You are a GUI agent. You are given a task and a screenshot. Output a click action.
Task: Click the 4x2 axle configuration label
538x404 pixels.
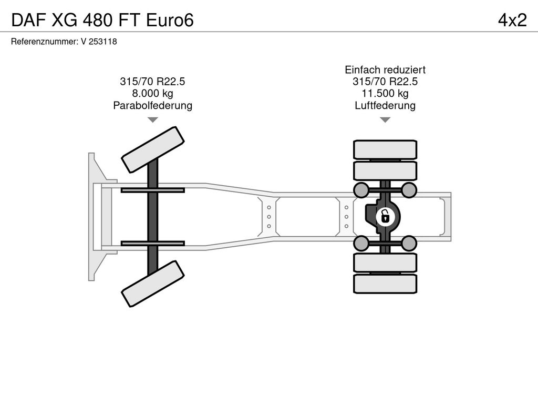[512, 20]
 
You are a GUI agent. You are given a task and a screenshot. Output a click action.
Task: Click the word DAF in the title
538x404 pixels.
[28, 20]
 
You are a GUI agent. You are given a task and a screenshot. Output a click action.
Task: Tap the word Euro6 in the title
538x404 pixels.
[170, 20]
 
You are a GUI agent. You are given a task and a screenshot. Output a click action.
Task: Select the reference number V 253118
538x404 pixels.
[99, 42]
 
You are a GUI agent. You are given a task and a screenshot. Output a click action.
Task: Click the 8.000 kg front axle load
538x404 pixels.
[153, 94]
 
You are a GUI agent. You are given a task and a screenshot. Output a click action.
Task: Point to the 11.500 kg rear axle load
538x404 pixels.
[385, 94]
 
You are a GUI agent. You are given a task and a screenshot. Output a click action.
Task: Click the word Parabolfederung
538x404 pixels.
[153, 105]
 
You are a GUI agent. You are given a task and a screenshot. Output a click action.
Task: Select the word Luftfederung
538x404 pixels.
[385, 105]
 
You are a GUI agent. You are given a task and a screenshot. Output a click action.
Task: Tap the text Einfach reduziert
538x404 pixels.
[385, 70]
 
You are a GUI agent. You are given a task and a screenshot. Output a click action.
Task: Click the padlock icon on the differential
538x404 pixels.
[385, 217]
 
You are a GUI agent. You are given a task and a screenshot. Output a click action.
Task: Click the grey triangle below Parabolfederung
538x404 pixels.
[153, 120]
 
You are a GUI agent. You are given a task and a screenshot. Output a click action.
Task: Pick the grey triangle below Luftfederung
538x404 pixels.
[385, 120]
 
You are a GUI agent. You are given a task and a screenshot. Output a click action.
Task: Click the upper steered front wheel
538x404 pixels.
[153, 149]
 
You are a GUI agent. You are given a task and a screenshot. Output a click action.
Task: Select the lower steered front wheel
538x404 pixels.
[153, 284]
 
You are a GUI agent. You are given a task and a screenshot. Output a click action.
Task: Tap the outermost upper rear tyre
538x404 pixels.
[385, 150]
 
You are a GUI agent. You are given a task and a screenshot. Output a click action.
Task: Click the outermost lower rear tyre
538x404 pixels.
[385, 284]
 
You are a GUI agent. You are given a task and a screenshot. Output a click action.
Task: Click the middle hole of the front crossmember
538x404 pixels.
[268, 217]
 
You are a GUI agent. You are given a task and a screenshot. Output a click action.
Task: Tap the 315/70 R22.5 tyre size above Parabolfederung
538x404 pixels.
[153, 82]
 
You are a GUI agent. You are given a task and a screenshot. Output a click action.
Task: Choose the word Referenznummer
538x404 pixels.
[45, 42]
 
